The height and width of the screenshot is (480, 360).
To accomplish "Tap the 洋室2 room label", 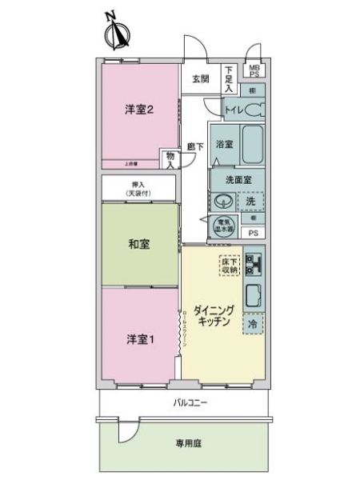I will point(139,110).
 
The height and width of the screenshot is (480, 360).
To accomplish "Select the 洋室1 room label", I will point(138,339).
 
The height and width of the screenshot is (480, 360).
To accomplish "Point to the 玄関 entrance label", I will point(200,78).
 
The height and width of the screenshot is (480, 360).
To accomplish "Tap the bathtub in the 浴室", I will point(253,145).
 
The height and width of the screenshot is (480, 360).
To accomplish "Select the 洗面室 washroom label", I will point(237,181).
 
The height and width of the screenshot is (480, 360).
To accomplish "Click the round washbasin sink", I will point(221,200).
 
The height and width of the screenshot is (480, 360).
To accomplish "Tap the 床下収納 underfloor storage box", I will point(230,266).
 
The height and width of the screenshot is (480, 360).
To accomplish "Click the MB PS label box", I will point(253,70).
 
